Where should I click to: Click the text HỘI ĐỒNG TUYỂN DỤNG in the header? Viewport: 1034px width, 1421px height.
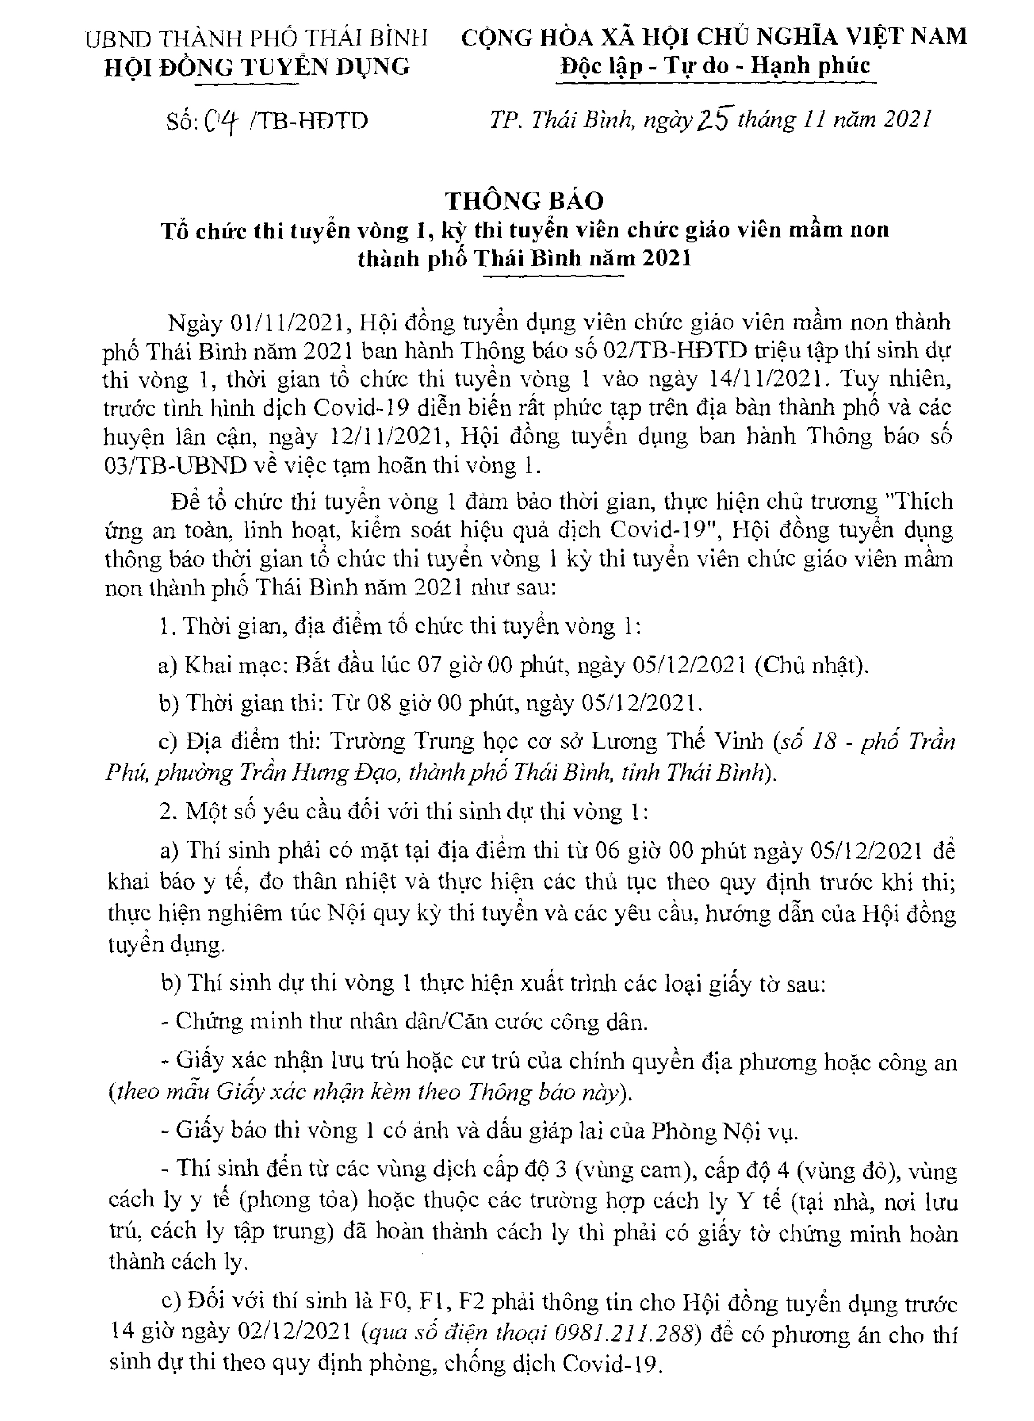tap(257, 66)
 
